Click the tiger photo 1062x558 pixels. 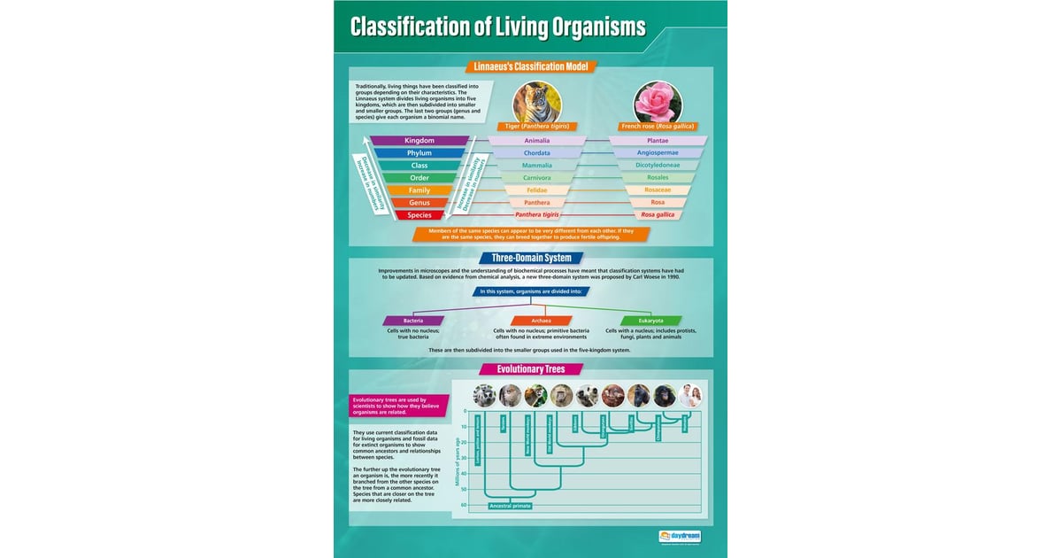tap(537, 102)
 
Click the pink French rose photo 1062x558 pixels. tap(658, 102)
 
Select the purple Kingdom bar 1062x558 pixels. tap(419, 141)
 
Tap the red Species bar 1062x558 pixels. tap(419, 215)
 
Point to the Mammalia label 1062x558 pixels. tap(537, 166)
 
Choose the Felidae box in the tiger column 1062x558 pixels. tap(537, 190)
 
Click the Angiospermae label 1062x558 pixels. tap(658, 153)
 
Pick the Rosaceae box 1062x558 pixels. tap(658, 190)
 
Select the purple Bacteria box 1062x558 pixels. tap(413, 321)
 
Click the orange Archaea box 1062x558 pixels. tap(541, 321)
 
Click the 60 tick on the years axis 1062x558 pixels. tap(463, 506)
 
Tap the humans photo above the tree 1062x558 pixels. tap(689, 396)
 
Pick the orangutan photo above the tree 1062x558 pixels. tap(613, 396)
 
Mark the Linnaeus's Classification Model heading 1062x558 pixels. tap(531, 66)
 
